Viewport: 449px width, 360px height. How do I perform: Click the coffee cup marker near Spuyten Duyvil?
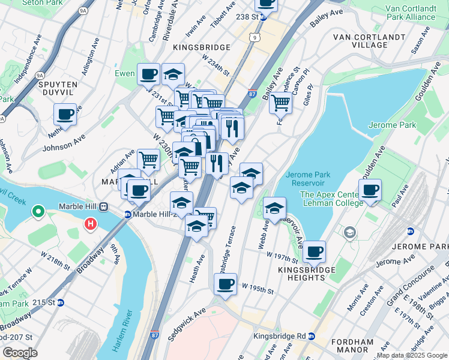[x=65, y=114]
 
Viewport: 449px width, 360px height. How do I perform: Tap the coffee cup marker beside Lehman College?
[x=370, y=190]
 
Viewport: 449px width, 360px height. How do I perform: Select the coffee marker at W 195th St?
[x=225, y=284]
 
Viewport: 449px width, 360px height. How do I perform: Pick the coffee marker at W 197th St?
[x=314, y=251]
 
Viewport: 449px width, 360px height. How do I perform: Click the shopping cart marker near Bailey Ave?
[x=280, y=103]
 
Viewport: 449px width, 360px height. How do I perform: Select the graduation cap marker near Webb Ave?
[x=274, y=208]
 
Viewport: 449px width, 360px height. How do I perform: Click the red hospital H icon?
[x=90, y=224]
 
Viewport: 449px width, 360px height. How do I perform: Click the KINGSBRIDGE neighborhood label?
[x=201, y=47]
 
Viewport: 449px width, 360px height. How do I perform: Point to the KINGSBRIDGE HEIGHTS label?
[x=294, y=273]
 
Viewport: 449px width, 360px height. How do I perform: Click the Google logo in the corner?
[x=20, y=353]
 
